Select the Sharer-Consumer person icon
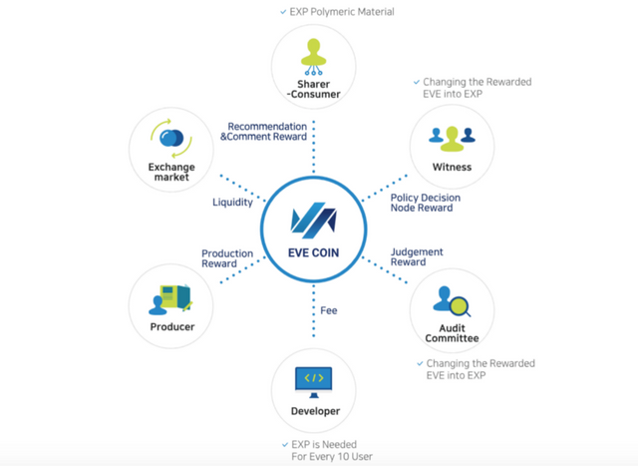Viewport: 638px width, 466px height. (313, 57)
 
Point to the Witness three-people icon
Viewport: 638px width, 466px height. (452, 137)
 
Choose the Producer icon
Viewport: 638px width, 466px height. (172, 297)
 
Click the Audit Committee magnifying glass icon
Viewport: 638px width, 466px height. (452, 299)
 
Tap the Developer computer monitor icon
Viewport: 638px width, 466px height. (314, 380)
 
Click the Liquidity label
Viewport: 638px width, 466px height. (233, 203)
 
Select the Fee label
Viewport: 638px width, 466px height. (329, 310)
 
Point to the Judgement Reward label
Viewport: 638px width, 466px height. (417, 257)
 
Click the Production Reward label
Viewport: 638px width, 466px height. (227, 259)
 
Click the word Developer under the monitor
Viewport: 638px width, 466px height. (314, 411)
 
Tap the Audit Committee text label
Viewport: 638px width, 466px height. (452, 332)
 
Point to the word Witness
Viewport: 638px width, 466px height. (452, 168)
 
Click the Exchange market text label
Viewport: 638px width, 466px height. (172, 172)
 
